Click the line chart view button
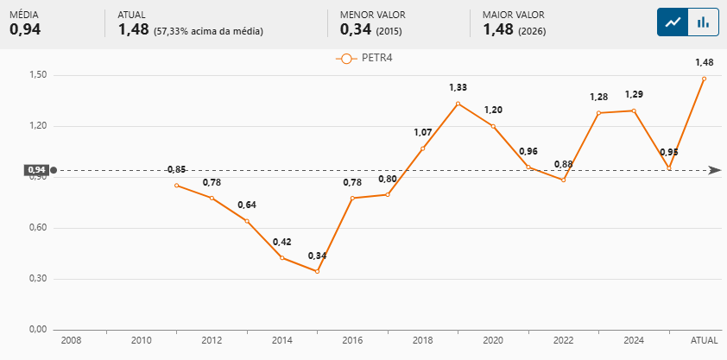pos(673,22)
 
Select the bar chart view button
pos(704,22)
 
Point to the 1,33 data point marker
pos(458,104)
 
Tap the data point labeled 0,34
pos(317,272)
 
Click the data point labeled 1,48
pos(704,79)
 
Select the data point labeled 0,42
pos(281,257)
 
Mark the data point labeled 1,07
pos(423,148)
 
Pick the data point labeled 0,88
pos(563,180)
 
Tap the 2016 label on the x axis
pos(352,341)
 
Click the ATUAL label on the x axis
pos(704,341)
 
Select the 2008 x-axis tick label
pos(71,341)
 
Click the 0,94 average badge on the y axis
pos(36,170)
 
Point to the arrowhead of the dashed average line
pos(714,170)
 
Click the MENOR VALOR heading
pos(372,15)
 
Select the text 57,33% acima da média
pos(208,31)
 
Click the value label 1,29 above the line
pos(634,94)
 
